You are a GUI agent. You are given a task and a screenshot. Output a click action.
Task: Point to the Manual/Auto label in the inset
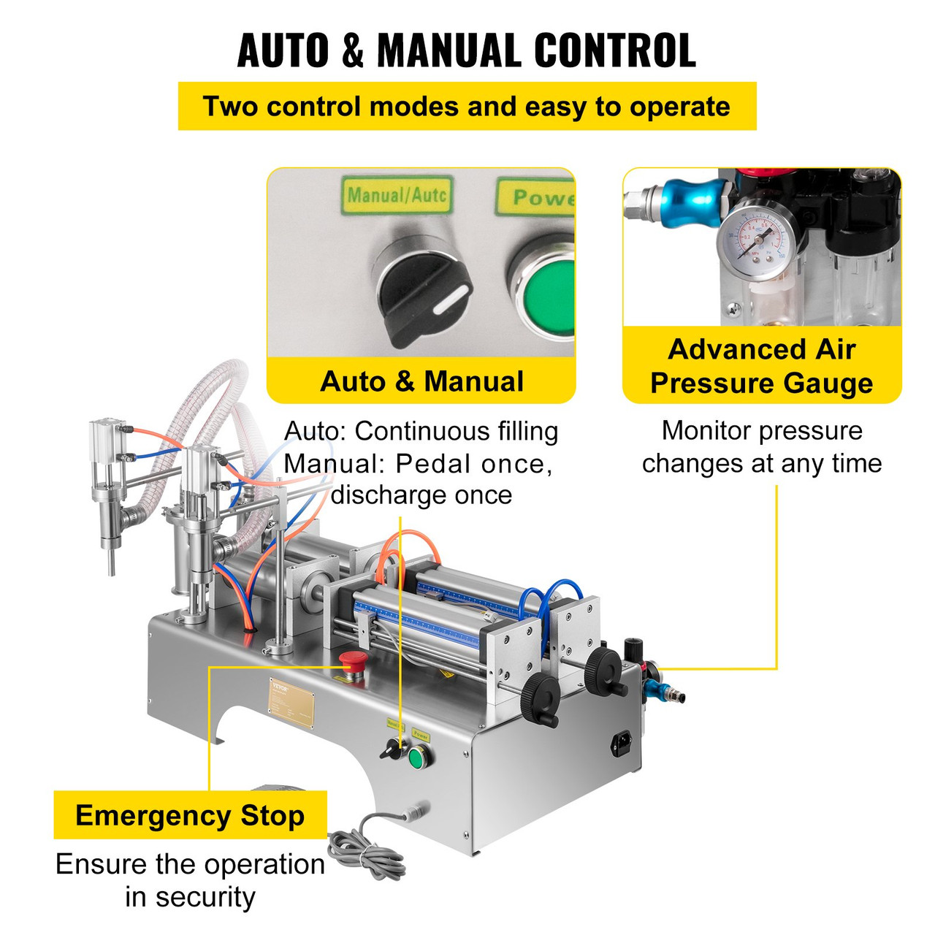(x=397, y=195)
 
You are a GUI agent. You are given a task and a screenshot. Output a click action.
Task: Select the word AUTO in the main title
(x=283, y=50)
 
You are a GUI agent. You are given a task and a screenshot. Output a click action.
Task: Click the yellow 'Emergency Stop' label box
(x=190, y=815)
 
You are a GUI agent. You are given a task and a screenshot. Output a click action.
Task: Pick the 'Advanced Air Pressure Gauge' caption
(x=762, y=366)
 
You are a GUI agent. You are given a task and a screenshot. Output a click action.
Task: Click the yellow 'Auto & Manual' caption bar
(x=421, y=381)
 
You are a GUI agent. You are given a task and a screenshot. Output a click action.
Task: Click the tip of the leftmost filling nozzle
(x=111, y=570)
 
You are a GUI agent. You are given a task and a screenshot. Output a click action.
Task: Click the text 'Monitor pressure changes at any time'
(x=762, y=447)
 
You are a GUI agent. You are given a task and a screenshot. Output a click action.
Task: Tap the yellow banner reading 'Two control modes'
(x=467, y=107)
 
